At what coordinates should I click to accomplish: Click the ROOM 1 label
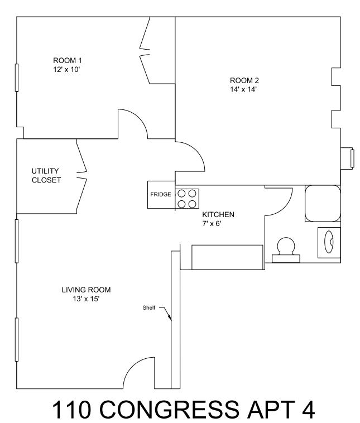point(67,60)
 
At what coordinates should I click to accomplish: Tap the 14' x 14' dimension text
point(243,89)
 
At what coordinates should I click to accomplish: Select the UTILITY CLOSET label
point(46,175)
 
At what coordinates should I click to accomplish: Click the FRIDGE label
point(161,194)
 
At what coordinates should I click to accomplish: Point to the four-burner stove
point(187,199)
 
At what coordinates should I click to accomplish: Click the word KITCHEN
point(218,215)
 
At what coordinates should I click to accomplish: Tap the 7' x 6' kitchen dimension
point(212,224)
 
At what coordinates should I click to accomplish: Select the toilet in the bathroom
point(286,250)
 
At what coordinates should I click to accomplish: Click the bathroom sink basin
point(329,242)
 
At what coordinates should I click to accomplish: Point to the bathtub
point(323,203)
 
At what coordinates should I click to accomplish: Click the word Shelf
point(148,307)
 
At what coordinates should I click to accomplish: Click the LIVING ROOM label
point(87,290)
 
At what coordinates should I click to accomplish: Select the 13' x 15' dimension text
point(87,299)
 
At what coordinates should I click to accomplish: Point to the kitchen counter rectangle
point(227,257)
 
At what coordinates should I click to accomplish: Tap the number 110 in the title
point(71,409)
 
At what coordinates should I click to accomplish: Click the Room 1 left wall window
point(17,78)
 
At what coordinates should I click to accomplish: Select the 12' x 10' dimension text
point(66,70)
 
